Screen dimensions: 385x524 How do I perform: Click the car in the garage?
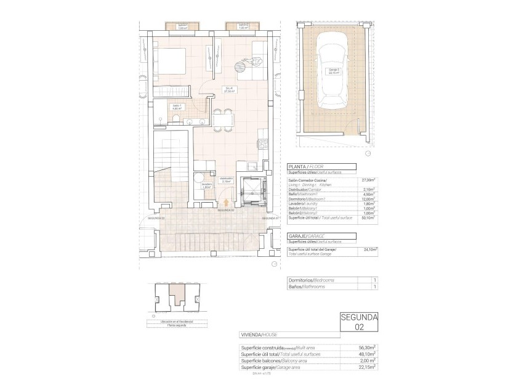tap(333, 71)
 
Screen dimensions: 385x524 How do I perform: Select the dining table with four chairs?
tap(222, 117)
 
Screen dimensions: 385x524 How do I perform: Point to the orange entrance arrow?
tap(226, 201)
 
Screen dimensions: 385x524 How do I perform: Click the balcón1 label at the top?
tap(182, 26)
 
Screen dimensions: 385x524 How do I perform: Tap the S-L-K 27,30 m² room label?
tap(228, 90)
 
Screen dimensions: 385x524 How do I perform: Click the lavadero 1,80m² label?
tap(206, 186)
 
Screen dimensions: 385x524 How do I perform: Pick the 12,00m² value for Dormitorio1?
tap(369, 198)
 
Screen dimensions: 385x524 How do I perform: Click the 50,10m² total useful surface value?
tap(369, 217)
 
